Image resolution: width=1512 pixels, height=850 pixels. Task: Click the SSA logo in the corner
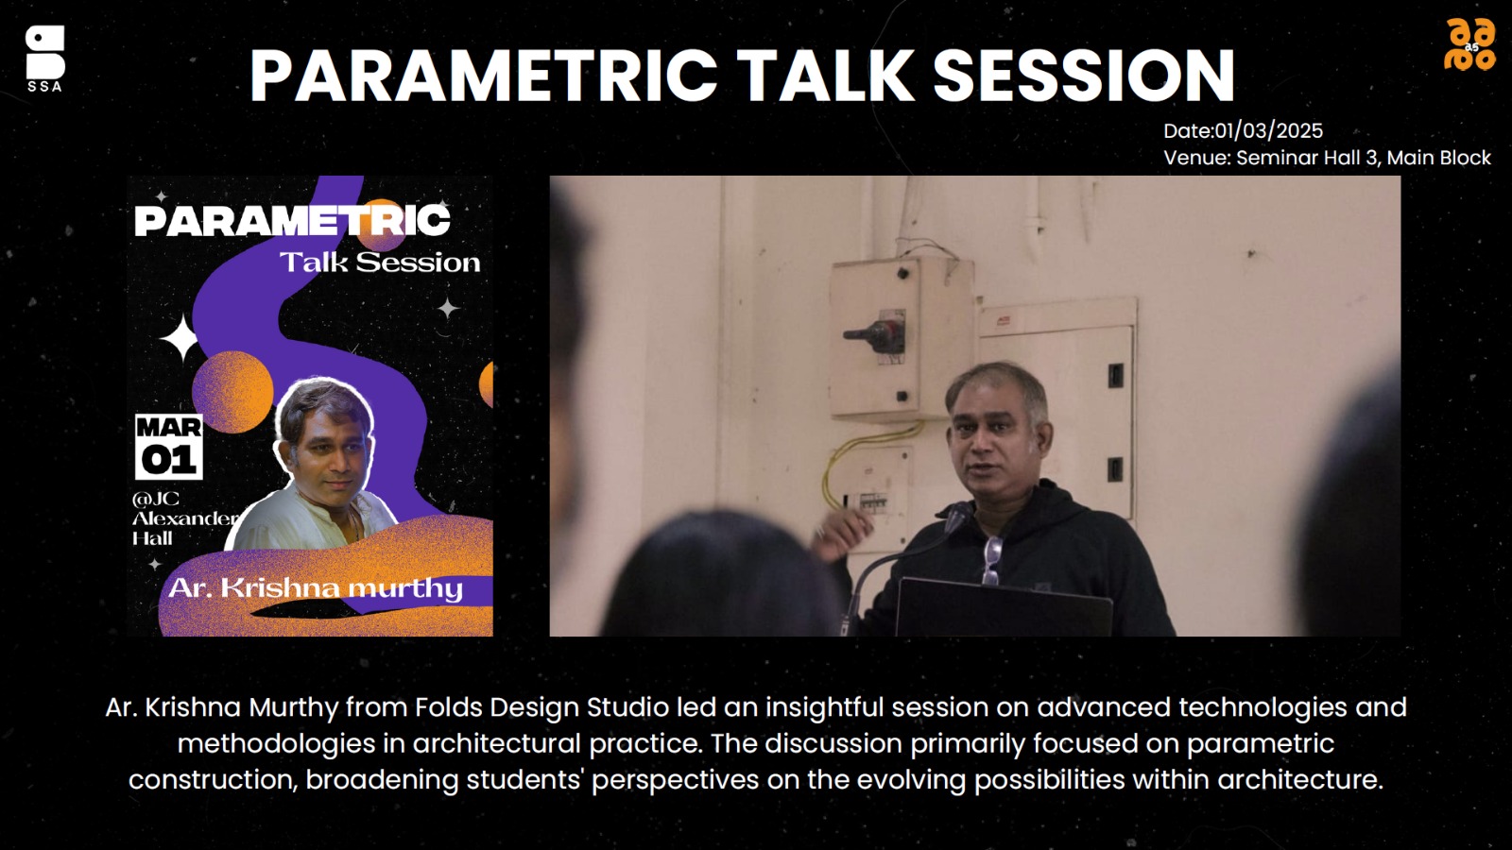(x=45, y=58)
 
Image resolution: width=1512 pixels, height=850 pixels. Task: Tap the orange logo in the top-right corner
(x=1469, y=44)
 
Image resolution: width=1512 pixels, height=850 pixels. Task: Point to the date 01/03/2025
(x=1268, y=131)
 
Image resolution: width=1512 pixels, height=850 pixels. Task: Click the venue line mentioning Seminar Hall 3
(x=1327, y=158)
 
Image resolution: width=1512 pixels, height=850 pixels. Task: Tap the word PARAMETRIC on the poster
(x=292, y=220)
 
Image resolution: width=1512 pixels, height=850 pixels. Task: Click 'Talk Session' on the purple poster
(x=380, y=263)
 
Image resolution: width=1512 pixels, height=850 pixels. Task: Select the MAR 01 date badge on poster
(x=169, y=447)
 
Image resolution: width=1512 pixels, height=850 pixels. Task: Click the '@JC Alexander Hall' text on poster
(x=183, y=518)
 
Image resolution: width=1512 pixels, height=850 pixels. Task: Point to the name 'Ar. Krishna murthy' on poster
(x=316, y=587)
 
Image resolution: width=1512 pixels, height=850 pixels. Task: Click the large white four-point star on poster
(x=180, y=337)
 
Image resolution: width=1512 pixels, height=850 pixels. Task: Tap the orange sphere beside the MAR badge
(x=232, y=391)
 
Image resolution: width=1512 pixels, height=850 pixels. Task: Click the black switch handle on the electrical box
(x=870, y=333)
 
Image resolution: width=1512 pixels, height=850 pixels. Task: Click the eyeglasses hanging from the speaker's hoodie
(x=991, y=559)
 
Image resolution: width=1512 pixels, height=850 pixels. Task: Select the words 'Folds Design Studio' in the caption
(x=541, y=707)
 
